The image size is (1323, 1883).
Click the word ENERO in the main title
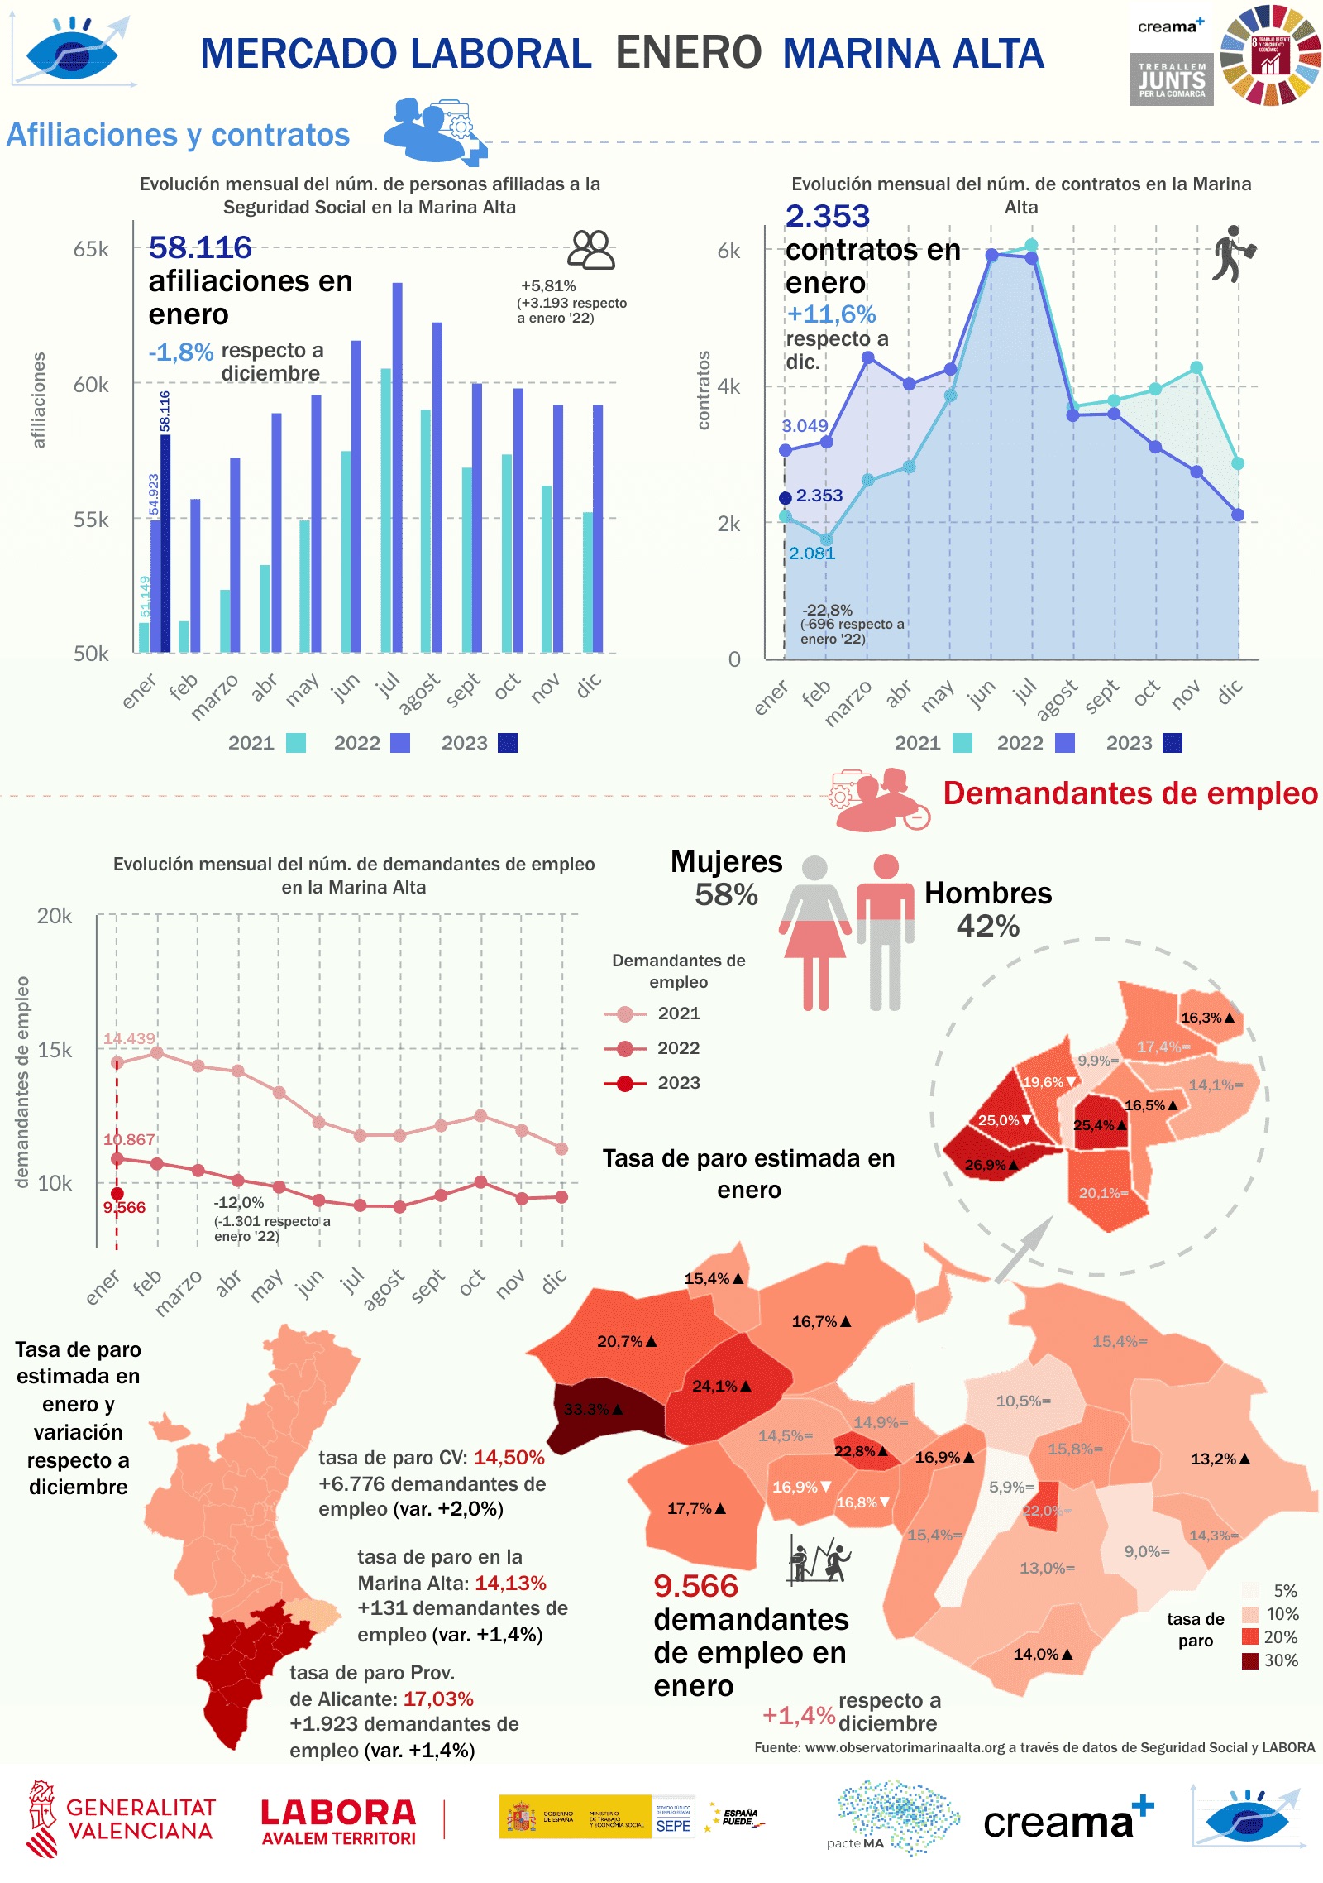[x=688, y=53]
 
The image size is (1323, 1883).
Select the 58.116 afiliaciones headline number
[x=200, y=247]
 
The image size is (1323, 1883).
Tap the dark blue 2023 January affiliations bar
[x=165, y=543]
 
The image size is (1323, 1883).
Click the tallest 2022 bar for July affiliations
[x=398, y=467]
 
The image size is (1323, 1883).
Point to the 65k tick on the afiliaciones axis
[x=91, y=249]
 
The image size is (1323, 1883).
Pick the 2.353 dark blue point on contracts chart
[x=786, y=498]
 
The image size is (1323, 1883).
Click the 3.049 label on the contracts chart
[x=805, y=426]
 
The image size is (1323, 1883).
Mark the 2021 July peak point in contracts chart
[x=1031, y=245]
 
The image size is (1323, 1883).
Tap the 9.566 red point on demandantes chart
[x=117, y=1194]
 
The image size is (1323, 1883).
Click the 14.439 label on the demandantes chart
[x=129, y=1038]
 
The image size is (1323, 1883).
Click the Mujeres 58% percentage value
[x=726, y=894]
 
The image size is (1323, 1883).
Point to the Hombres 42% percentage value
[x=987, y=926]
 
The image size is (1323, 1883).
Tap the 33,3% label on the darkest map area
[x=586, y=1409]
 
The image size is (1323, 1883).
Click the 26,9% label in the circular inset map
[x=986, y=1165]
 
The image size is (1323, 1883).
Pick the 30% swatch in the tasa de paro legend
[x=1249, y=1660]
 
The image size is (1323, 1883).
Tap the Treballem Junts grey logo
[x=1171, y=79]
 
